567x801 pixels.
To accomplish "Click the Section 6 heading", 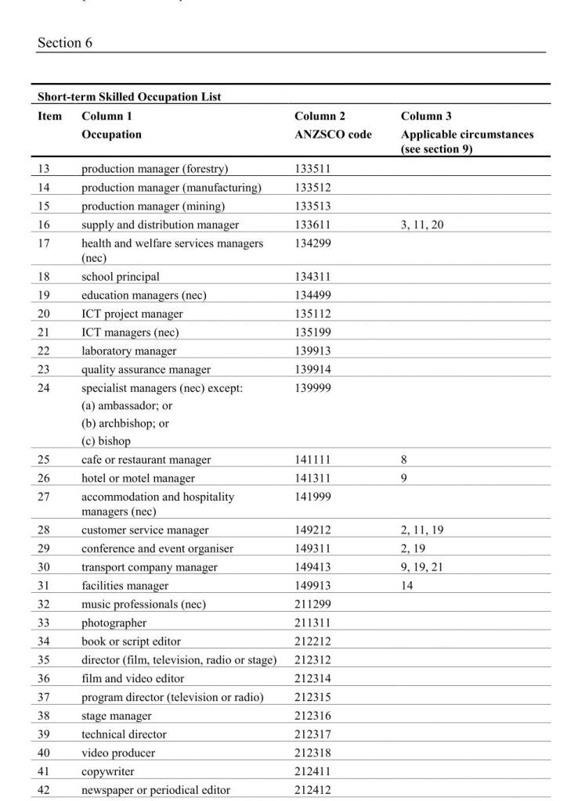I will click(65, 43).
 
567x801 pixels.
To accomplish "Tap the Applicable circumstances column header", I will click(467, 134).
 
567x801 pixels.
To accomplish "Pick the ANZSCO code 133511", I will click(313, 169).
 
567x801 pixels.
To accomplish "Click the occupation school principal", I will click(121, 277).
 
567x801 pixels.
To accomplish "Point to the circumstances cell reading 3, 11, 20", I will click(422, 225).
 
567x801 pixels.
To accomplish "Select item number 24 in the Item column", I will click(44, 388).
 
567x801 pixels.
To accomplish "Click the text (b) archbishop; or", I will click(125, 423).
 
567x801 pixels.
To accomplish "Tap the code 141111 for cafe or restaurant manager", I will click(313, 460).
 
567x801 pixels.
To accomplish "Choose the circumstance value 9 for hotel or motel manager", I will click(404, 479).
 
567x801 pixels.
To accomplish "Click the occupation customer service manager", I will click(145, 530).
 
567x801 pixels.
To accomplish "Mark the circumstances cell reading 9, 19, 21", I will click(422, 567).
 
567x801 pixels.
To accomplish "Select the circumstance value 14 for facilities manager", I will click(407, 586).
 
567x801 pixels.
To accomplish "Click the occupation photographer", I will click(114, 623).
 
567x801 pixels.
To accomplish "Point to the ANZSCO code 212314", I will click(313, 679).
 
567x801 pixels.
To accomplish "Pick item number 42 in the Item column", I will click(44, 790).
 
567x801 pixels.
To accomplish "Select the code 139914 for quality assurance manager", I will click(313, 370).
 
